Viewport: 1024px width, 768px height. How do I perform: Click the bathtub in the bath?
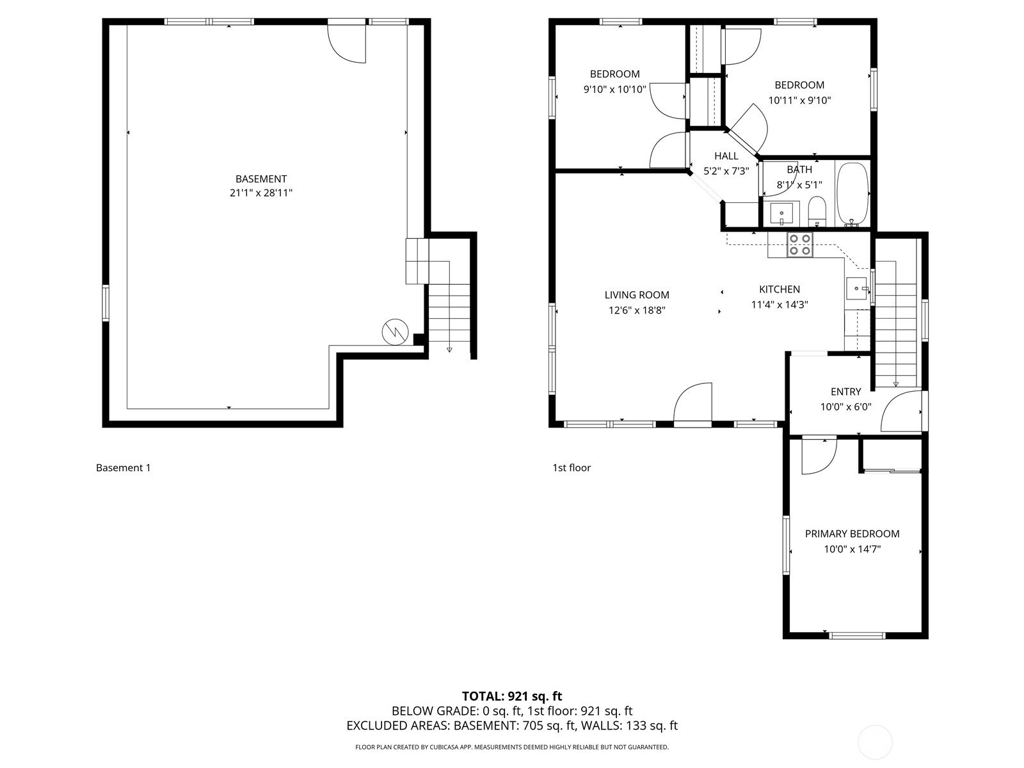pyautogui.click(x=852, y=194)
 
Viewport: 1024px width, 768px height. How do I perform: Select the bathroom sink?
pyautogui.click(x=781, y=214)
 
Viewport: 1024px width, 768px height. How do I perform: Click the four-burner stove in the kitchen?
pyautogui.click(x=799, y=245)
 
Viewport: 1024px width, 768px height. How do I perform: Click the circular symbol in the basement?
pyautogui.click(x=395, y=332)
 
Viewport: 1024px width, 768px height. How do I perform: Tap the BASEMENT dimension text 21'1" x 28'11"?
pyautogui.click(x=260, y=193)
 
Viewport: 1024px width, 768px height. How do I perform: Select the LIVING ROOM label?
pyautogui.click(x=637, y=294)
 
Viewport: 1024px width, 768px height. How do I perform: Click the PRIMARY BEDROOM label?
pyautogui.click(x=852, y=534)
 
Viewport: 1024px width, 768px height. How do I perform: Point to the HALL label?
pyautogui.click(x=726, y=156)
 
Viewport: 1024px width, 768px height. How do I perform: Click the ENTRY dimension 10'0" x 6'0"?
pyautogui.click(x=846, y=407)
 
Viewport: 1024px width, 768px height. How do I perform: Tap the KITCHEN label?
pyautogui.click(x=779, y=289)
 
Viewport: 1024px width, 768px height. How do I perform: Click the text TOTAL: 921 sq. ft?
pyautogui.click(x=512, y=696)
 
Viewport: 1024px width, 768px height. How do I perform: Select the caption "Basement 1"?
pyautogui.click(x=123, y=468)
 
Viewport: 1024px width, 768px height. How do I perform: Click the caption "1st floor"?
pyautogui.click(x=572, y=468)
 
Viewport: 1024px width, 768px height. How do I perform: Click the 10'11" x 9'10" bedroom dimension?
pyautogui.click(x=799, y=100)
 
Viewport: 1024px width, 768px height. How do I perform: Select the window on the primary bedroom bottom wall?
pyautogui.click(x=857, y=635)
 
